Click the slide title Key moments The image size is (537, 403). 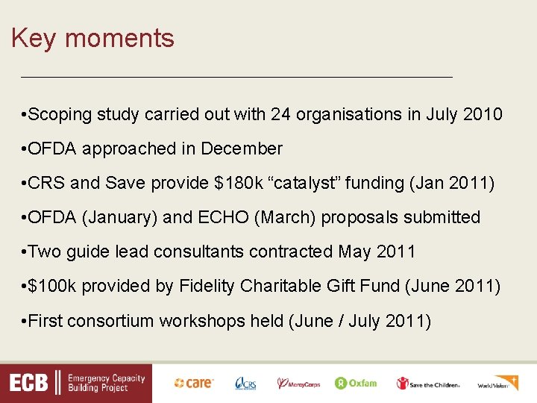click(92, 38)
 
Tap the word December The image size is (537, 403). click(242, 149)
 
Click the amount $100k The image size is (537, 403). click(53, 287)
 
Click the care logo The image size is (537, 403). click(194, 384)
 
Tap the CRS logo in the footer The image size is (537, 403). click(245, 384)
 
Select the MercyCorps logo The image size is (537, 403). click(298, 384)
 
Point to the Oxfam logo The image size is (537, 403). click(356, 384)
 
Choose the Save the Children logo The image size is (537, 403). click(428, 384)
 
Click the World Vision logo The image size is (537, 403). click(497, 384)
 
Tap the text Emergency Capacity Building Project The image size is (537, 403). click(106, 384)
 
